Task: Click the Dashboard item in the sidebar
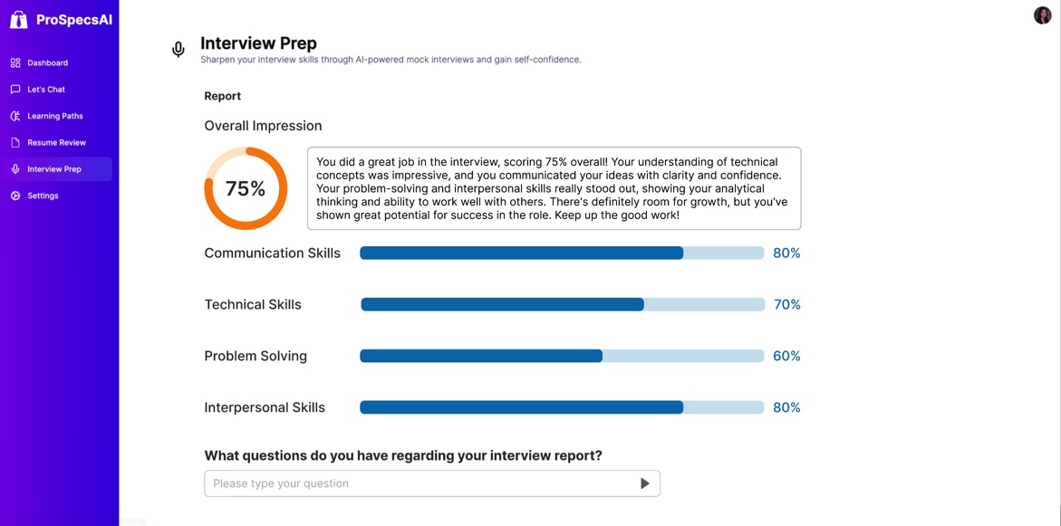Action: pyautogui.click(x=47, y=62)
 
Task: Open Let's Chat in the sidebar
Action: pyautogui.click(x=45, y=90)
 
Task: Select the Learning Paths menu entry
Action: pyautogui.click(x=54, y=116)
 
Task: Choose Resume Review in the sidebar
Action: pyautogui.click(x=56, y=142)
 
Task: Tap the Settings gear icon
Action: pyautogui.click(x=15, y=196)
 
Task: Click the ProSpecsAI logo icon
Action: pyautogui.click(x=18, y=19)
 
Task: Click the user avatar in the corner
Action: pyautogui.click(x=1042, y=15)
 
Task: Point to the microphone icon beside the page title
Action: pyautogui.click(x=178, y=50)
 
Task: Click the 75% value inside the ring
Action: pyautogui.click(x=246, y=188)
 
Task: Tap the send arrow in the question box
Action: pyautogui.click(x=644, y=483)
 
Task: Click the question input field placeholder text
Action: pyautogui.click(x=281, y=483)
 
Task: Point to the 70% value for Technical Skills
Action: pyautogui.click(x=786, y=305)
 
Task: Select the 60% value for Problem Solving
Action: pyautogui.click(x=786, y=357)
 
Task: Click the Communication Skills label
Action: pyautogui.click(x=272, y=253)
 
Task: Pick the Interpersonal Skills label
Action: pyautogui.click(x=265, y=407)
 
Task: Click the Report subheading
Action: pyautogui.click(x=222, y=96)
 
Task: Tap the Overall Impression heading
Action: pyautogui.click(x=263, y=126)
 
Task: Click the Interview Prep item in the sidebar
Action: pyautogui.click(x=54, y=169)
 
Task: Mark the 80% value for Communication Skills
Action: pyautogui.click(x=786, y=253)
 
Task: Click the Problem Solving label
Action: pyautogui.click(x=256, y=357)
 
